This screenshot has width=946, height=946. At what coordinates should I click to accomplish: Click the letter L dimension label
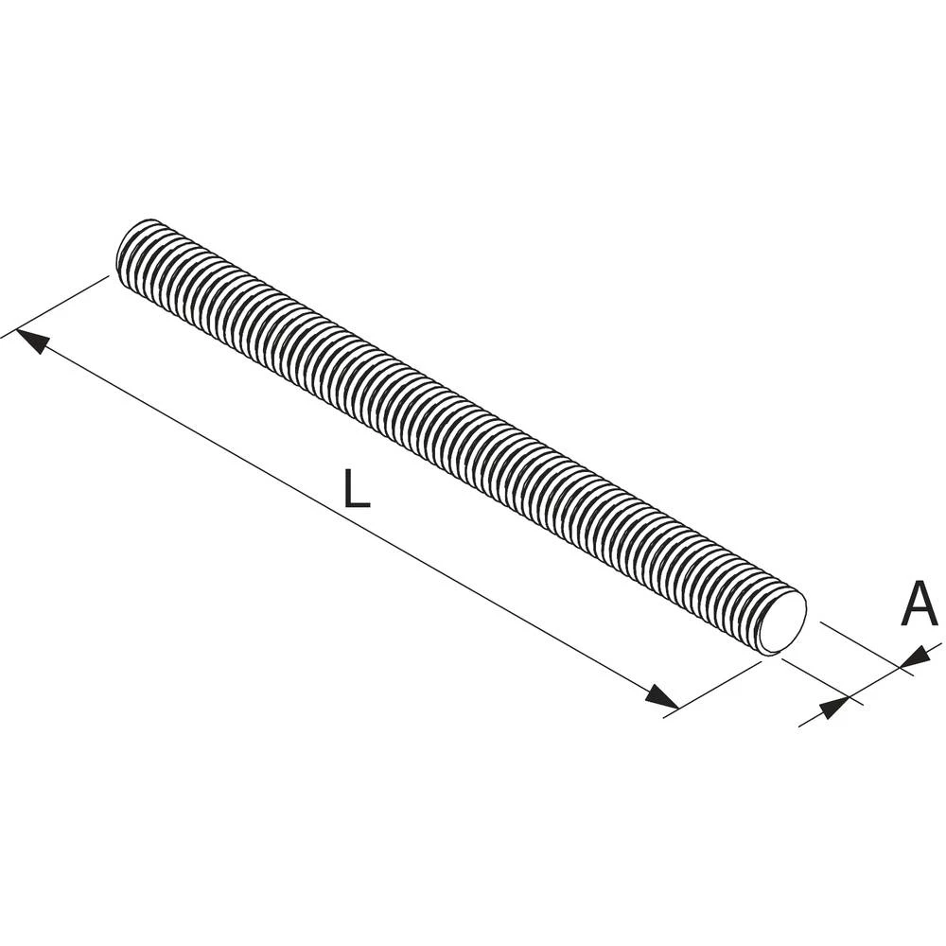pos(356,489)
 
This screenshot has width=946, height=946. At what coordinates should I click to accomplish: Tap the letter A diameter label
pos(919,604)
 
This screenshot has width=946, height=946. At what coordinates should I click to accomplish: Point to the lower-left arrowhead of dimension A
pos(833,706)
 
